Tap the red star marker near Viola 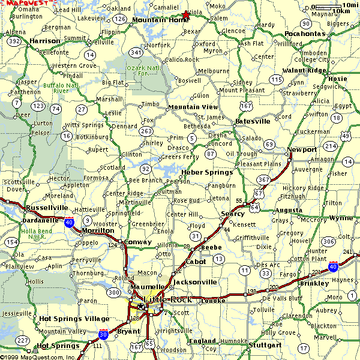coord(185,14)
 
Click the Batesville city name coord(253,121)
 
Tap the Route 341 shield coord(136,53)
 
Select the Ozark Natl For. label coord(139,71)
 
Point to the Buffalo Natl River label coord(59,88)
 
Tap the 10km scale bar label coord(340,11)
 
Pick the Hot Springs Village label coord(74,319)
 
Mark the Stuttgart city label coord(265,346)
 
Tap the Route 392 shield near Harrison coord(16,41)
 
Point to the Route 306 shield coord(328,241)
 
